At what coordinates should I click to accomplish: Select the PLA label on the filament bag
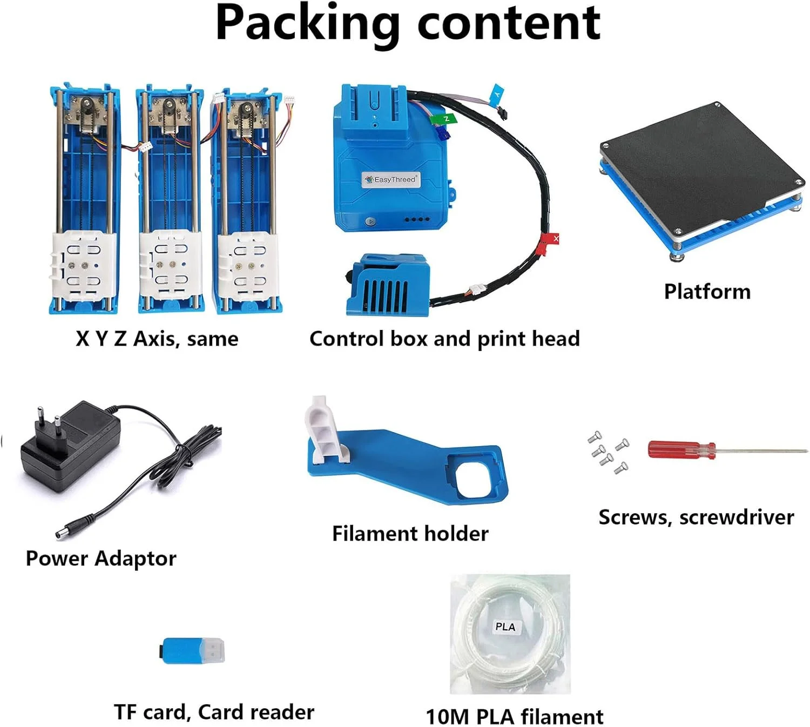tap(505, 627)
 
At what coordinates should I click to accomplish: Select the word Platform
tap(707, 292)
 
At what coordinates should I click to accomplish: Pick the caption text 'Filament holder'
tap(410, 534)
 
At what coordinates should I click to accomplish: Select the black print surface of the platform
tap(702, 162)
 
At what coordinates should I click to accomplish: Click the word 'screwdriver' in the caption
tap(737, 517)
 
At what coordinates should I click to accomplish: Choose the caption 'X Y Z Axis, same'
tap(157, 339)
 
